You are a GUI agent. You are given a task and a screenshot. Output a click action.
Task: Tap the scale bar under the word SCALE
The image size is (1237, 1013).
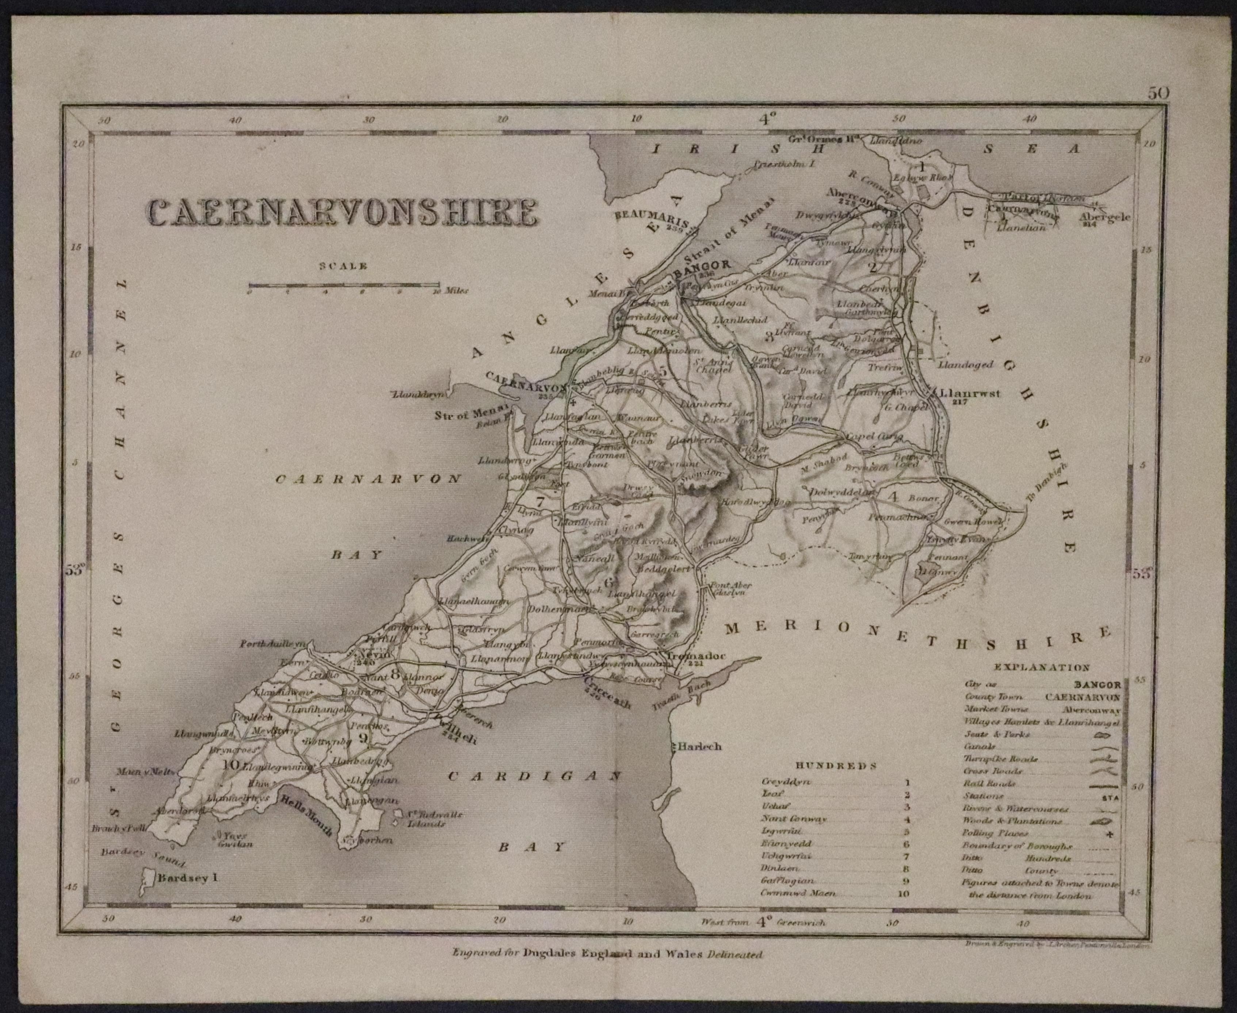coord(343,286)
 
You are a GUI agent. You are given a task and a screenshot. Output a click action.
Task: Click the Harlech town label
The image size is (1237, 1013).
coord(700,746)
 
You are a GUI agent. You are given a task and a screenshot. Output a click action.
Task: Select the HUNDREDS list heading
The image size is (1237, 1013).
coord(836,766)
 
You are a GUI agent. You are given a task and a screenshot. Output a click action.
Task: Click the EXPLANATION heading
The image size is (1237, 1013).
coord(1042,667)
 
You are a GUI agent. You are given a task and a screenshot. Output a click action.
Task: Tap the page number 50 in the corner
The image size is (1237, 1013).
coord(1158,94)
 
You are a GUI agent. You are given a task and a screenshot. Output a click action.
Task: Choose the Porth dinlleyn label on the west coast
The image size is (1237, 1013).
coord(272,644)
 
